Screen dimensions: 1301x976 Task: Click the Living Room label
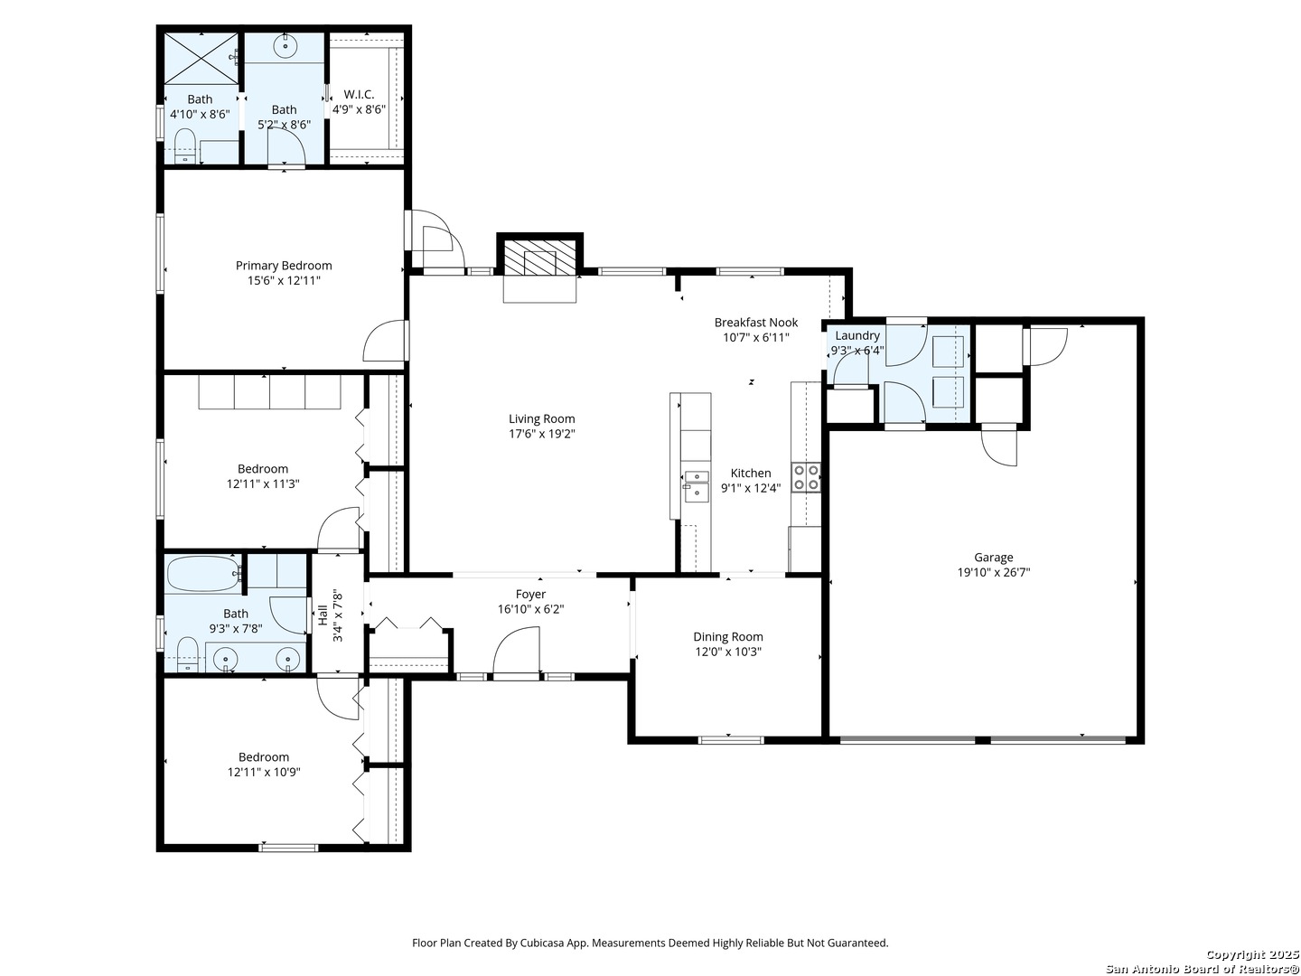click(542, 419)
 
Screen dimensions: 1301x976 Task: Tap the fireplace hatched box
click(539, 258)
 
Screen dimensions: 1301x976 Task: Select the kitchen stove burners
click(807, 478)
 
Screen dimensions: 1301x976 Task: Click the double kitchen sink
click(696, 486)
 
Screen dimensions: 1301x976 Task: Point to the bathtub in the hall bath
click(204, 574)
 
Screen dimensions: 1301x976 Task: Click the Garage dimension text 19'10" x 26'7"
click(994, 572)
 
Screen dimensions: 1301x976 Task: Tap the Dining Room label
click(728, 637)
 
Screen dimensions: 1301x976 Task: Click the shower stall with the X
click(201, 58)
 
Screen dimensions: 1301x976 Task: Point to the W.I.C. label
click(359, 95)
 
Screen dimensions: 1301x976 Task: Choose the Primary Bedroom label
click(284, 266)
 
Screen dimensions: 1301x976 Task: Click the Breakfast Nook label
click(755, 323)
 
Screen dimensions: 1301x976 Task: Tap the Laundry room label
click(856, 335)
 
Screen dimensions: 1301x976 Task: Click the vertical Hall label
click(323, 615)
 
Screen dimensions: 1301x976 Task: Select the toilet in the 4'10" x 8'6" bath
click(185, 145)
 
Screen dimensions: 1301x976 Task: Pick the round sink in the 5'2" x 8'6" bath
click(286, 45)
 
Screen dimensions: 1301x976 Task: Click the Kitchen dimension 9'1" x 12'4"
click(751, 488)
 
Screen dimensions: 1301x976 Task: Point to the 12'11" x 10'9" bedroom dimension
click(264, 772)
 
